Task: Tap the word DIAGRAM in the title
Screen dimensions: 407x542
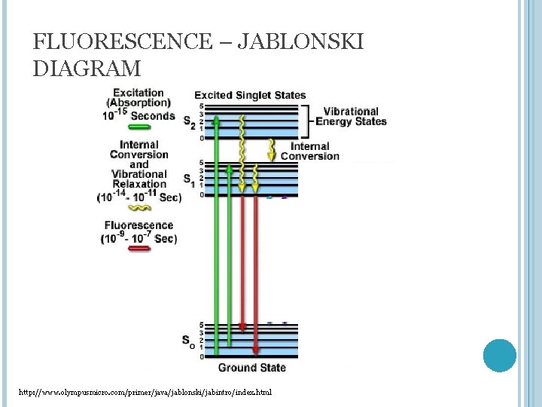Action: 87,69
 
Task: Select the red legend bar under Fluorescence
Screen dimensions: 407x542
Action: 139,249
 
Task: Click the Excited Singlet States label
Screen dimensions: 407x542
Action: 250,95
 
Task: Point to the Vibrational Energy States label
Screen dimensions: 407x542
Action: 351,116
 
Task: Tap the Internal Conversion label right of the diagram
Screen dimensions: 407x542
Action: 309,151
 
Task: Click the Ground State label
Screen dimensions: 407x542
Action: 251,368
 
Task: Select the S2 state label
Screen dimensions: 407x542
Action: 188,122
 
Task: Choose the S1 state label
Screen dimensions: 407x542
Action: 188,179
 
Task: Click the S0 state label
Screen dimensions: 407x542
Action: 188,340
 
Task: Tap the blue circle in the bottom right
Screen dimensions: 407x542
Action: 499,355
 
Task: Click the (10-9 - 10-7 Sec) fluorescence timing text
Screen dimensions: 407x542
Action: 139,238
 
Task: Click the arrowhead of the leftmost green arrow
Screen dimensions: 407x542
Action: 217,119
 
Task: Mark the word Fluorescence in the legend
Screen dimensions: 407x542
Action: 139,225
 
